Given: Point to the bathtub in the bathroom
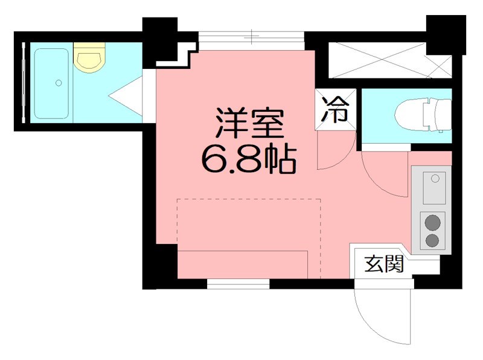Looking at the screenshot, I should pos(51,83).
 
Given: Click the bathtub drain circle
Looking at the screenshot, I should pos(59,82).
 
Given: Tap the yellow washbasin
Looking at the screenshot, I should pos(90,59).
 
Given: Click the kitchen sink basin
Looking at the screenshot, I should pos(433,187).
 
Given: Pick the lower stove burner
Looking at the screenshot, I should pos(432,240).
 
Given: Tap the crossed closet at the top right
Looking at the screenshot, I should pos(389,59).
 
